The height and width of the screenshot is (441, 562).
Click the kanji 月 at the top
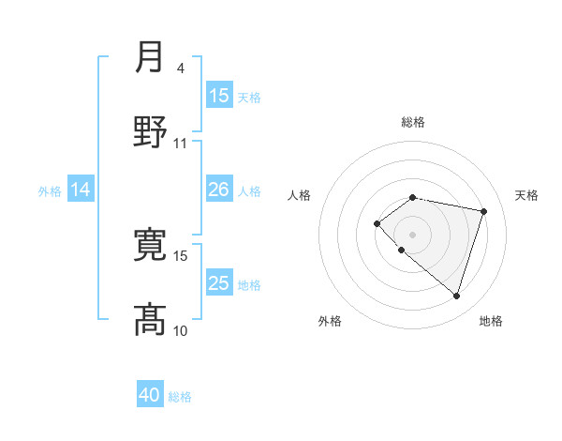point(151,57)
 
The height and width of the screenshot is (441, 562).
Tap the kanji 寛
point(151,244)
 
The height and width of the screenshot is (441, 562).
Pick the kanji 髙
point(151,318)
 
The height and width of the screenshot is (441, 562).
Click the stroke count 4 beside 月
point(180,68)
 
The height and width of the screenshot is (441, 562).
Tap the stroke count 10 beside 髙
point(181,330)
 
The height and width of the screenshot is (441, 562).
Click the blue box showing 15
point(219,96)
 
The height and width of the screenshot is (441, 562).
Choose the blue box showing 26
point(219,190)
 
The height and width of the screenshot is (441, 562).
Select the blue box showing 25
point(219,283)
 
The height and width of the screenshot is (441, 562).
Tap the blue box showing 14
point(81,190)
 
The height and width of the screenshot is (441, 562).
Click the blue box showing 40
point(150,395)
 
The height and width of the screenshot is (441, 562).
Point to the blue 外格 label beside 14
point(50,191)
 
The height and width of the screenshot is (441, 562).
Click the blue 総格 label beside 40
point(180,397)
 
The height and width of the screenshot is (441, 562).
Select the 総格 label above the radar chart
point(412,122)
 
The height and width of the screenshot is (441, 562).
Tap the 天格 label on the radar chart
point(526,195)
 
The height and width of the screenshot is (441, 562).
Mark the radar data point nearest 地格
point(456,297)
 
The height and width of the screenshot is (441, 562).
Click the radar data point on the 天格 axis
point(483,211)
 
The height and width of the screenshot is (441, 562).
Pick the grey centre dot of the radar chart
point(412,234)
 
